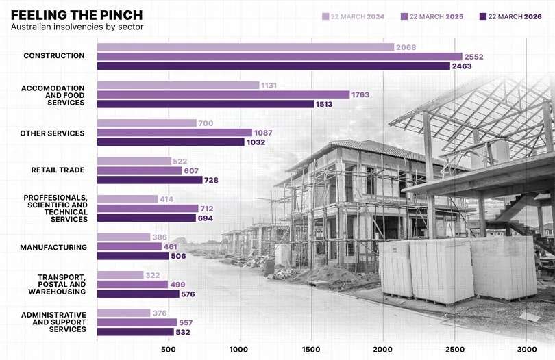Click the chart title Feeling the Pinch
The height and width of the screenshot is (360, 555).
[x=76, y=14]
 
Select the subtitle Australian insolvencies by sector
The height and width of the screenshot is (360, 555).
[x=77, y=27]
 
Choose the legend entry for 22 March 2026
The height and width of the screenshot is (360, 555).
[x=510, y=16]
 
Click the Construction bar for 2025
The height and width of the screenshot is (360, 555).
[x=280, y=56]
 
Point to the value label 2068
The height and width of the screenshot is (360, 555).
[x=406, y=47]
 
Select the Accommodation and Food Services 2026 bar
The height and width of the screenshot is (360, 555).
[x=206, y=104]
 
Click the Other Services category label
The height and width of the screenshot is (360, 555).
[x=52, y=133]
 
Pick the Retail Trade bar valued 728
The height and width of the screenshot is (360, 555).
[x=150, y=180]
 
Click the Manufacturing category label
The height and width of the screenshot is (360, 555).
[x=53, y=247]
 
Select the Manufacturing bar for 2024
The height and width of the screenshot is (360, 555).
[x=123, y=237]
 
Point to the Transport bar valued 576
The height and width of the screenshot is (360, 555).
[x=138, y=294]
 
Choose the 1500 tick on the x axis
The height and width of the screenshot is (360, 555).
[x=312, y=349]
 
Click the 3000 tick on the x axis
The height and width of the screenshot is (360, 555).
[x=526, y=349]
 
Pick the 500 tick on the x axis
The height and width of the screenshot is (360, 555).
[x=169, y=349]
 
